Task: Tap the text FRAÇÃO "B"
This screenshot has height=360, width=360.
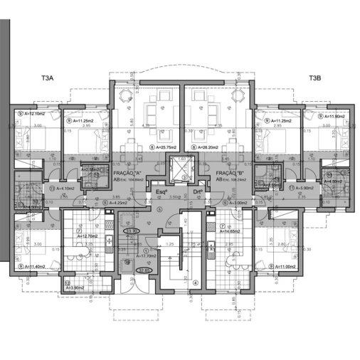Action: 231,173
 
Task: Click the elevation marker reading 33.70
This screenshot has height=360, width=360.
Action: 131,231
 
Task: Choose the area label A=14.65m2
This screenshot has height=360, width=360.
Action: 233,231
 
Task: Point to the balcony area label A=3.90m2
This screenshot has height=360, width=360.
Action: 74,287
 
